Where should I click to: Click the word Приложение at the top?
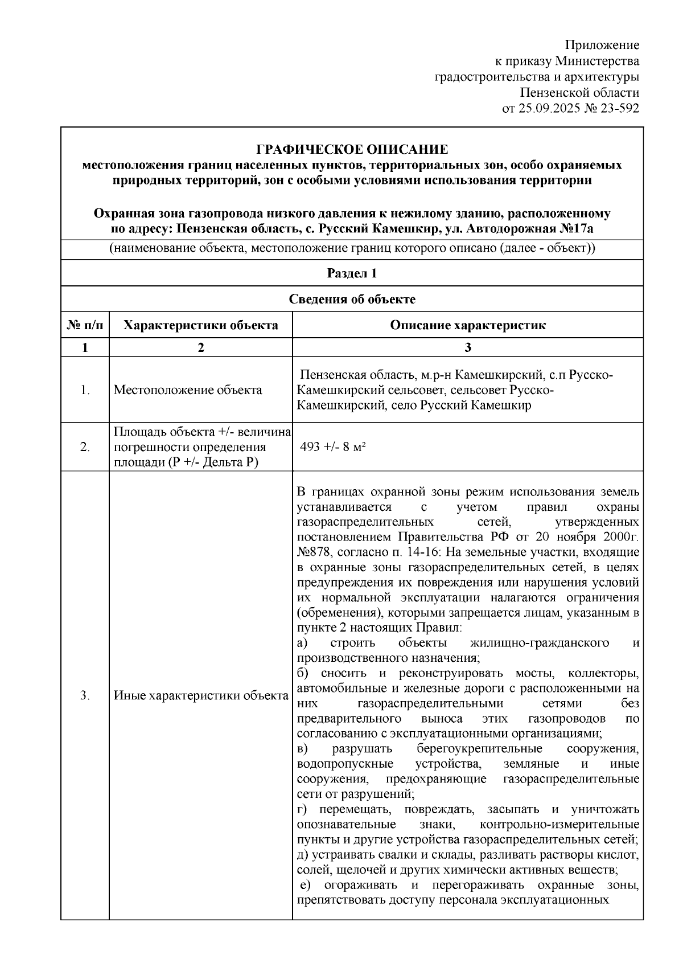(x=602, y=45)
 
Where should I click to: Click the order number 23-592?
(x=618, y=108)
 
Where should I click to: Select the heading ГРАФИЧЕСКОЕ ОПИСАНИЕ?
(x=352, y=150)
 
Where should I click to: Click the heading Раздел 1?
(x=352, y=273)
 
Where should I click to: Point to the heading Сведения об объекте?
(x=352, y=300)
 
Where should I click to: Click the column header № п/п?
(x=85, y=325)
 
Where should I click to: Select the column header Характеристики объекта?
(x=201, y=325)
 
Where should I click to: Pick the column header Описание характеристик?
(x=468, y=325)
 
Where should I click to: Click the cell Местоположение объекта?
(x=188, y=390)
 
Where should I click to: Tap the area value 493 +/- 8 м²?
(x=332, y=447)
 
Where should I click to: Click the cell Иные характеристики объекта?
(x=201, y=695)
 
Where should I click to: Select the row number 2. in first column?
(x=85, y=447)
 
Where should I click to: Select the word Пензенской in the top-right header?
(x=550, y=92)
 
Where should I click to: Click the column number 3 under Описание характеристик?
(x=468, y=347)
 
